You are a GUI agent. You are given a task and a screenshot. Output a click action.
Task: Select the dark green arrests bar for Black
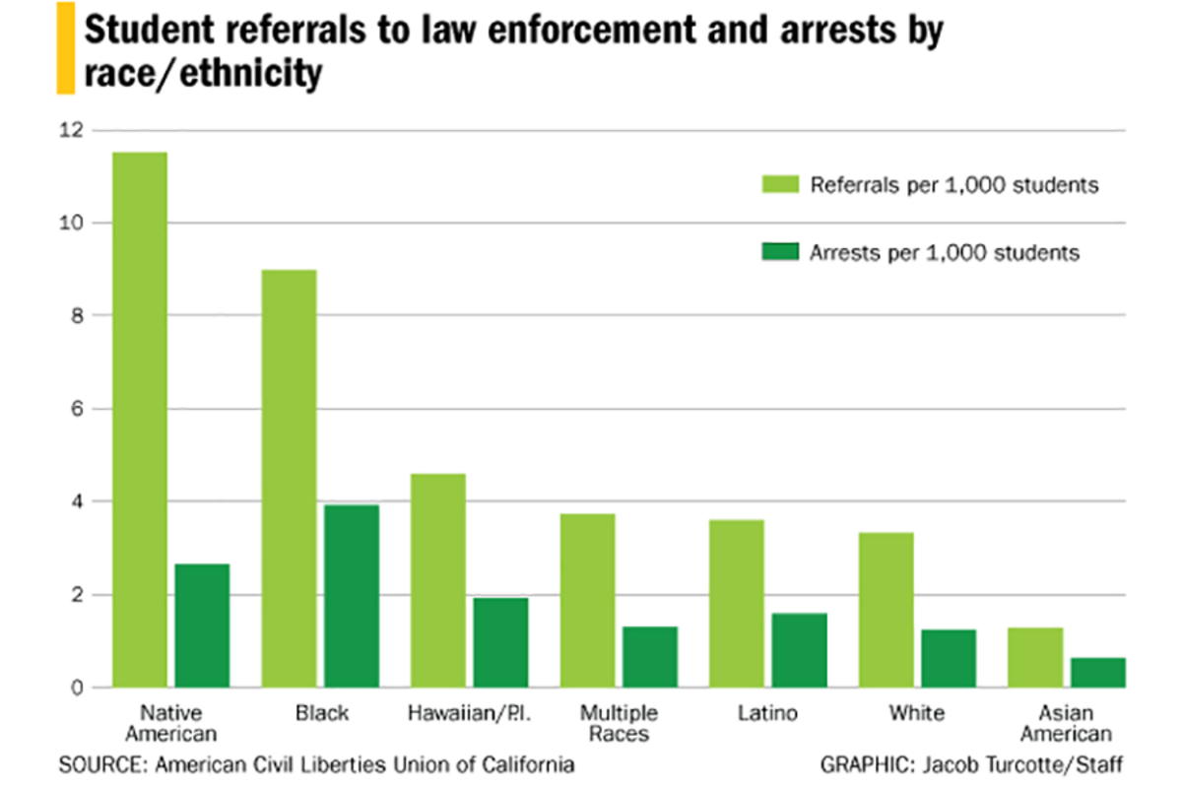pyautogui.click(x=352, y=596)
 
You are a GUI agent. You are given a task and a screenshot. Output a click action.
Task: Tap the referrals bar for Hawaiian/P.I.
pyautogui.click(x=439, y=580)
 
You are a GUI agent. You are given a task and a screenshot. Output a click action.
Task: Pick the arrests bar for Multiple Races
pyautogui.click(x=650, y=657)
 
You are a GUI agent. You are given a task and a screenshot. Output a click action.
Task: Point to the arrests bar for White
pyautogui.click(x=949, y=658)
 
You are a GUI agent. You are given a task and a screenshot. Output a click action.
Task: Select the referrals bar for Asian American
pyautogui.click(x=1035, y=657)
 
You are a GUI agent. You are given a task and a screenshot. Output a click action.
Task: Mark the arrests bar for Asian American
pyautogui.click(x=1098, y=672)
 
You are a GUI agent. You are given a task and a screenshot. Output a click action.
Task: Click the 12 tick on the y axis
pyautogui.click(x=72, y=130)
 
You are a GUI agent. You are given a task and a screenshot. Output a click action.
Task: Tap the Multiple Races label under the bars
pyautogui.click(x=618, y=723)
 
